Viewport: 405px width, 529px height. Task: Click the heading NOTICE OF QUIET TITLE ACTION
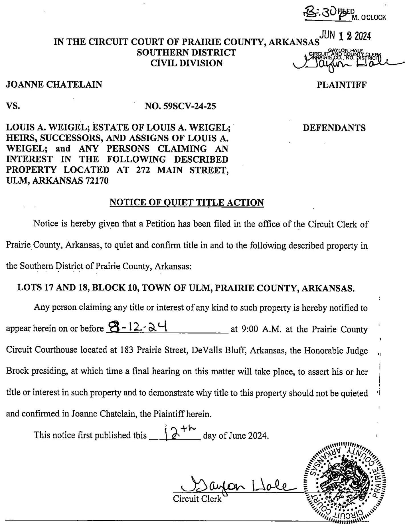pos(187,203)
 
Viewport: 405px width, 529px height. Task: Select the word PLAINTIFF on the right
pos(341,85)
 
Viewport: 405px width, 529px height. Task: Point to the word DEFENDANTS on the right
pos(334,128)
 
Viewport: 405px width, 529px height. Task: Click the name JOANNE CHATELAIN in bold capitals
pos(54,84)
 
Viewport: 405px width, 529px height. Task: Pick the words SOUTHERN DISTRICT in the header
pos(186,52)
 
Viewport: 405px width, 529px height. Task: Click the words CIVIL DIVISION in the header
pos(186,63)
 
